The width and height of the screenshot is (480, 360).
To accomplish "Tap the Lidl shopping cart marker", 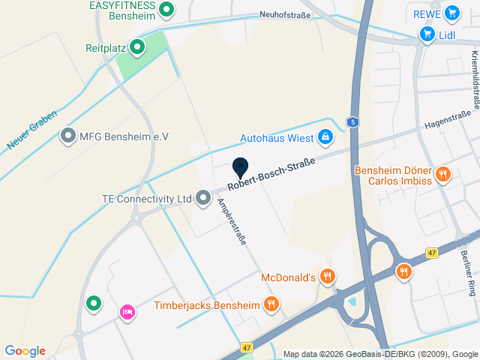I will pyautogui.click(x=427, y=34).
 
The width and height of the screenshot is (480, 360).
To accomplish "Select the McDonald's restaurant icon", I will pyautogui.click(x=327, y=277).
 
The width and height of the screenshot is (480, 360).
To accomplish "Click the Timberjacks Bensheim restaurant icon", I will pyautogui.click(x=271, y=304).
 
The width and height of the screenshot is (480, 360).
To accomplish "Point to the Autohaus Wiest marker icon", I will pyautogui.click(x=325, y=137).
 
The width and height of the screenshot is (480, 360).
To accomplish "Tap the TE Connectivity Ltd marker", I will pyautogui.click(x=203, y=199).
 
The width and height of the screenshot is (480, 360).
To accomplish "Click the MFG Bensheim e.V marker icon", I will pyautogui.click(x=68, y=136).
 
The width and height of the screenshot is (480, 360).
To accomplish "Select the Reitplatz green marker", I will pyautogui.click(x=136, y=48).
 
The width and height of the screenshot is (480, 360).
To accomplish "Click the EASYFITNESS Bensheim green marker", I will pyautogui.click(x=168, y=9).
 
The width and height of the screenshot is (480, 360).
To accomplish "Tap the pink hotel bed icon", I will pyautogui.click(x=127, y=311).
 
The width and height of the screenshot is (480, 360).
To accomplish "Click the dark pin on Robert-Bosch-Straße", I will pyautogui.click(x=240, y=168).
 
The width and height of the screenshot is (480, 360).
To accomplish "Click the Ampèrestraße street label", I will pyautogui.click(x=232, y=222).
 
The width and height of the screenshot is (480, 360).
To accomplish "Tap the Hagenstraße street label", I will pyautogui.click(x=447, y=119).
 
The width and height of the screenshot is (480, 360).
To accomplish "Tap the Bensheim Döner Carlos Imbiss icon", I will pyautogui.click(x=443, y=175).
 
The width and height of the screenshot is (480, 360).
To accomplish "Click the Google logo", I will pyautogui.click(x=25, y=350).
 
